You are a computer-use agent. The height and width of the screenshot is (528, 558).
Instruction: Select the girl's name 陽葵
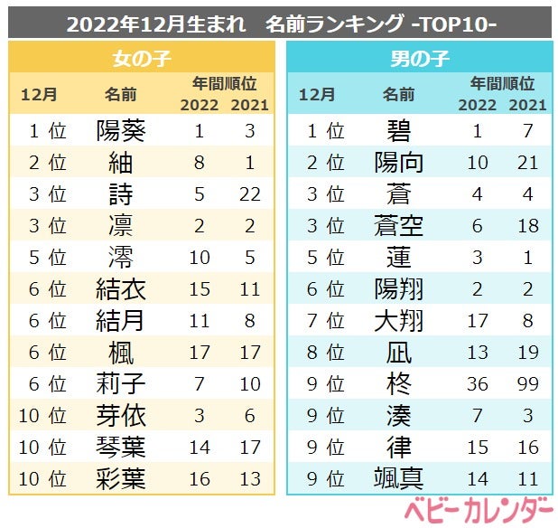pyautogui.click(x=121, y=130)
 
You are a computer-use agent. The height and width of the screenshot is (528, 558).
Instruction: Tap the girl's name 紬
pyautogui.click(x=121, y=163)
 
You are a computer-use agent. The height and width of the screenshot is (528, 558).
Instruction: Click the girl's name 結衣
pyautogui.click(x=121, y=289)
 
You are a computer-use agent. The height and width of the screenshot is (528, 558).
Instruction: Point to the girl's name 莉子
pyautogui.click(x=121, y=383)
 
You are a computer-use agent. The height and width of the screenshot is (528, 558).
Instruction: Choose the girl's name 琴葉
pyautogui.click(x=121, y=447)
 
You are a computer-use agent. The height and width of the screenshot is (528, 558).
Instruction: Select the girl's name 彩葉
pyautogui.click(x=121, y=478)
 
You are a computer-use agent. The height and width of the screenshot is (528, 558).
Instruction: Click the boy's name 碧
pyautogui.click(x=398, y=130)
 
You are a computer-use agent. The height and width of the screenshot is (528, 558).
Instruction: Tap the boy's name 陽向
pyautogui.click(x=398, y=163)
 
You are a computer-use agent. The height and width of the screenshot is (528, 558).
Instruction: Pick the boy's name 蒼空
pyautogui.click(x=398, y=226)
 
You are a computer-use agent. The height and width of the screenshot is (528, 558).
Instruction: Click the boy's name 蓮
pyautogui.click(x=398, y=258)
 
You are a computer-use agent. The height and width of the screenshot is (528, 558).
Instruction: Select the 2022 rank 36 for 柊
pyautogui.click(x=479, y=383)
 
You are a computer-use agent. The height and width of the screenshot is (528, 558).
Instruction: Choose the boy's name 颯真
pyautogui.click(x=398, y=478)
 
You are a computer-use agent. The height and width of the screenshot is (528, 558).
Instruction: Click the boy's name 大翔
pyautogui.click(x=398, y=321)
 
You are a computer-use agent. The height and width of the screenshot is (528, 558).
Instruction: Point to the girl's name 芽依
pyautogui.click(x=121, y=415)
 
